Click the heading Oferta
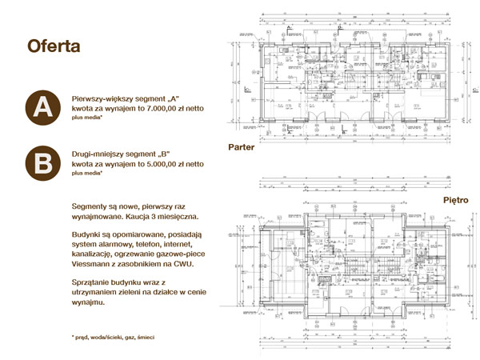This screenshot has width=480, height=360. (54, 46)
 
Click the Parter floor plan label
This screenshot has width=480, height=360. (242, 148)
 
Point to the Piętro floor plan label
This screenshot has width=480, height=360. (455, 200)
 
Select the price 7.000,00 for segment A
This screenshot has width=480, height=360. (155, 107)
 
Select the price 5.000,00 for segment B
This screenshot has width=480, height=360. (155, 163)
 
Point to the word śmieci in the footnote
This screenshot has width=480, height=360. (145, 338)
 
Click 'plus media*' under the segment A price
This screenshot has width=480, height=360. (88, 117)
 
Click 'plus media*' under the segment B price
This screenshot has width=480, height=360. (88, 173)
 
